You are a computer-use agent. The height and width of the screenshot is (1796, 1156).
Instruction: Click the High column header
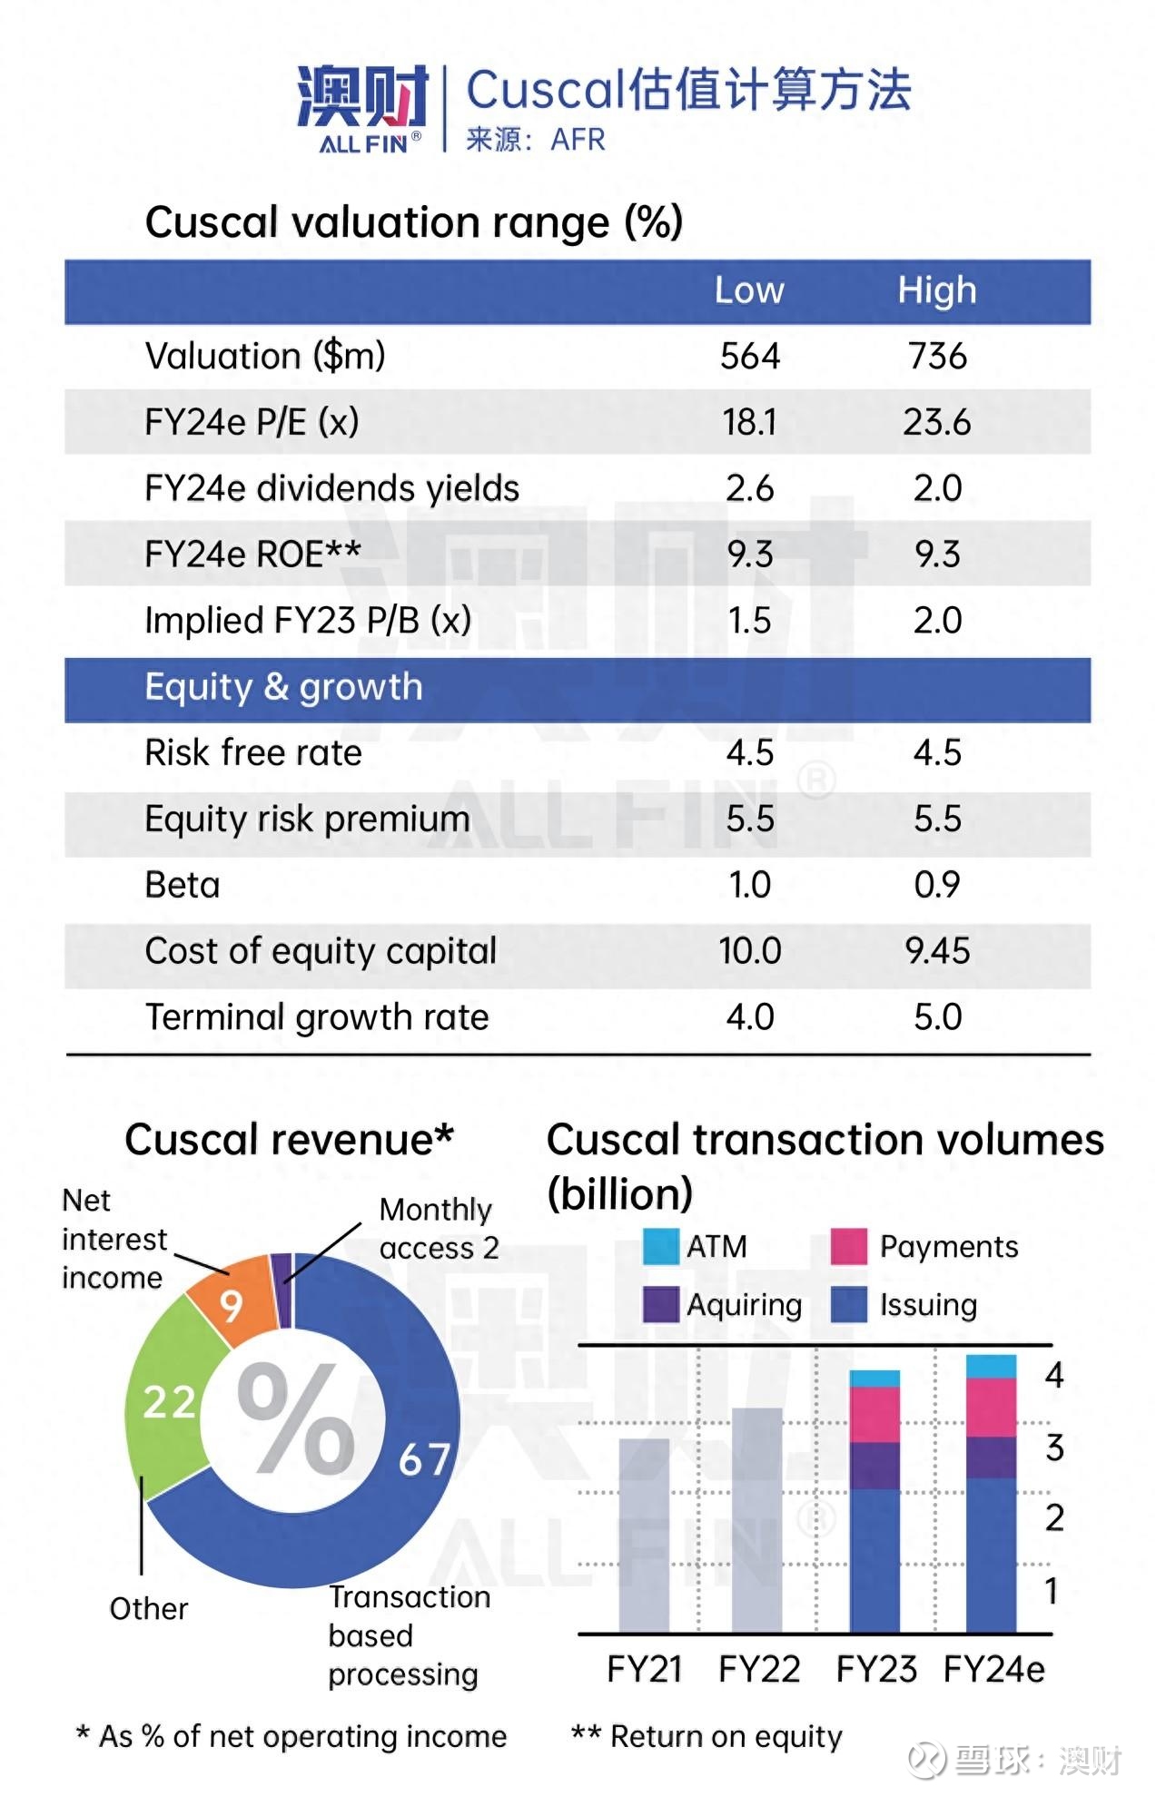pyautogui.click(x=936, y=290)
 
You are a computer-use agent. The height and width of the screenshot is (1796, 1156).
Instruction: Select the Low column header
pyautogui.click(x=749, y=290)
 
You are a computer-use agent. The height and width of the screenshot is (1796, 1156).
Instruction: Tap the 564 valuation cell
pyautogui.click(x=750, y=356)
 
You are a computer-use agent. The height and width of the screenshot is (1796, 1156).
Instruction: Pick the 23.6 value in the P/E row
pyautogui.click(x=936, y=422)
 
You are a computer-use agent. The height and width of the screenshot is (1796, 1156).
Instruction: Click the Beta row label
pyautogui.click(x=183, y=885)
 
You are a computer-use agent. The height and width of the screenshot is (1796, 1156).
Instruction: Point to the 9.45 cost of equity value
pyautogui.click(x=937, y=951)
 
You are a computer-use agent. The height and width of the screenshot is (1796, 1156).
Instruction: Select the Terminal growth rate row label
pyautogui.click(x=317, y=1017)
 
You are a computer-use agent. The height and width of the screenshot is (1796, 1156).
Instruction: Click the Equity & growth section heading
pyautogui.click(x=283, y=687)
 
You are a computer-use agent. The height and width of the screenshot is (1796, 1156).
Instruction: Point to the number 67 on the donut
pyautogui.click(x=424, y=1459)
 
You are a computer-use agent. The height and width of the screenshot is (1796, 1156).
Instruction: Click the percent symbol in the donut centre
pyautogui.click(x=295, y=1420)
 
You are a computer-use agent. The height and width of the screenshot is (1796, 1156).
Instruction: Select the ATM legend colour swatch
pyautogui.click(x=660, y=1246)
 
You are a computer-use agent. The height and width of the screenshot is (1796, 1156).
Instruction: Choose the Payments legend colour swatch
pyautogui.click(x=849, y=1246)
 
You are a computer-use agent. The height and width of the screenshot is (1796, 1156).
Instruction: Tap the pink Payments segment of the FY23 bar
pyautogui.click(x=874, y=1414)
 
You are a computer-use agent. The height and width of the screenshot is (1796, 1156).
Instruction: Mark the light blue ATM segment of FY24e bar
pyautogui.click(x=991, y=1367)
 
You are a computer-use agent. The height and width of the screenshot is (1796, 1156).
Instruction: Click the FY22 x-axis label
pyautogui.click(x=759, y=1669)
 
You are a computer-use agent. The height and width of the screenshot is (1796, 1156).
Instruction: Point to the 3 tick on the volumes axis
pyautogui.click(x=1053, y=1448)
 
